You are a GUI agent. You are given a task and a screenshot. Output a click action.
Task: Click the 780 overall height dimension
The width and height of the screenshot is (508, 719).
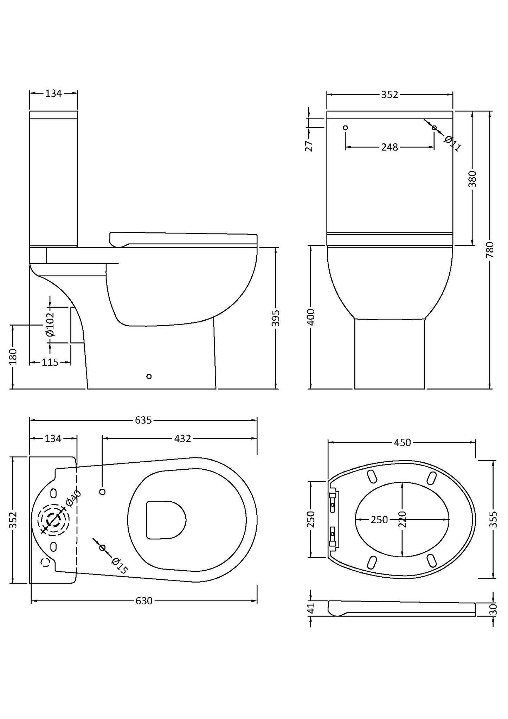[x=490, y=250]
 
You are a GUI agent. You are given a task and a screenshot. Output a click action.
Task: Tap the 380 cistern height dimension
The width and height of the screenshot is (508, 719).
[x=473, y=179]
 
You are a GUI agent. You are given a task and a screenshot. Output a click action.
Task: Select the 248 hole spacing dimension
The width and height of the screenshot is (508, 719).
[x=390, y=147]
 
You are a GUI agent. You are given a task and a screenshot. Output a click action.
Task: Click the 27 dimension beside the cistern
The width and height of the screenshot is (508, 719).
[x=309, y=146]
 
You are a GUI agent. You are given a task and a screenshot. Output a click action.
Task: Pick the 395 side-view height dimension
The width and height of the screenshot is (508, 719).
[x=276, y=318]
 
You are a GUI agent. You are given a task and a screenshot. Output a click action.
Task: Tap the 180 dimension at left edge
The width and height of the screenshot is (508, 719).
[x=13, y=357]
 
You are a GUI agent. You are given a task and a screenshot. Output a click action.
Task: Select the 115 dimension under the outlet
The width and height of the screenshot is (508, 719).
[x=50, y=362]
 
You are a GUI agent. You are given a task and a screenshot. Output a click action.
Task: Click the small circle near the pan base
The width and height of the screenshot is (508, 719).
[x=149, y=377]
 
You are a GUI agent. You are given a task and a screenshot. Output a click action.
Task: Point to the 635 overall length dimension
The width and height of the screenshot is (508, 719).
[x=143, y=420]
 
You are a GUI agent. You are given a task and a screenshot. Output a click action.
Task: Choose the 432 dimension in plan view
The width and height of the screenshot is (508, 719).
[x=183, y=438]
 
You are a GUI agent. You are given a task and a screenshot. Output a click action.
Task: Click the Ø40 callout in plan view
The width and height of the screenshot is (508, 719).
[x=73, y=499]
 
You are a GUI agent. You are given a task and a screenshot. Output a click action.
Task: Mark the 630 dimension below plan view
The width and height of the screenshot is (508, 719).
[x=144, y=601]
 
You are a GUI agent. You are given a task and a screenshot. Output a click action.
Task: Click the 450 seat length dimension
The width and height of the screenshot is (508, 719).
[x=402, y=443]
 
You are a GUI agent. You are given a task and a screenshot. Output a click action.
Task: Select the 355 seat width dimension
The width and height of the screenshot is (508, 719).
[x=493, y=519]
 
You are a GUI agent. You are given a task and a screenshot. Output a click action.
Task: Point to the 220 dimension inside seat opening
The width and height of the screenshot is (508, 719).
[x=403, y=519]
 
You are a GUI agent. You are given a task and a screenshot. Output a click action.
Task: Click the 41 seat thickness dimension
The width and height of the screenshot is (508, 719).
[x=310, y=608]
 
